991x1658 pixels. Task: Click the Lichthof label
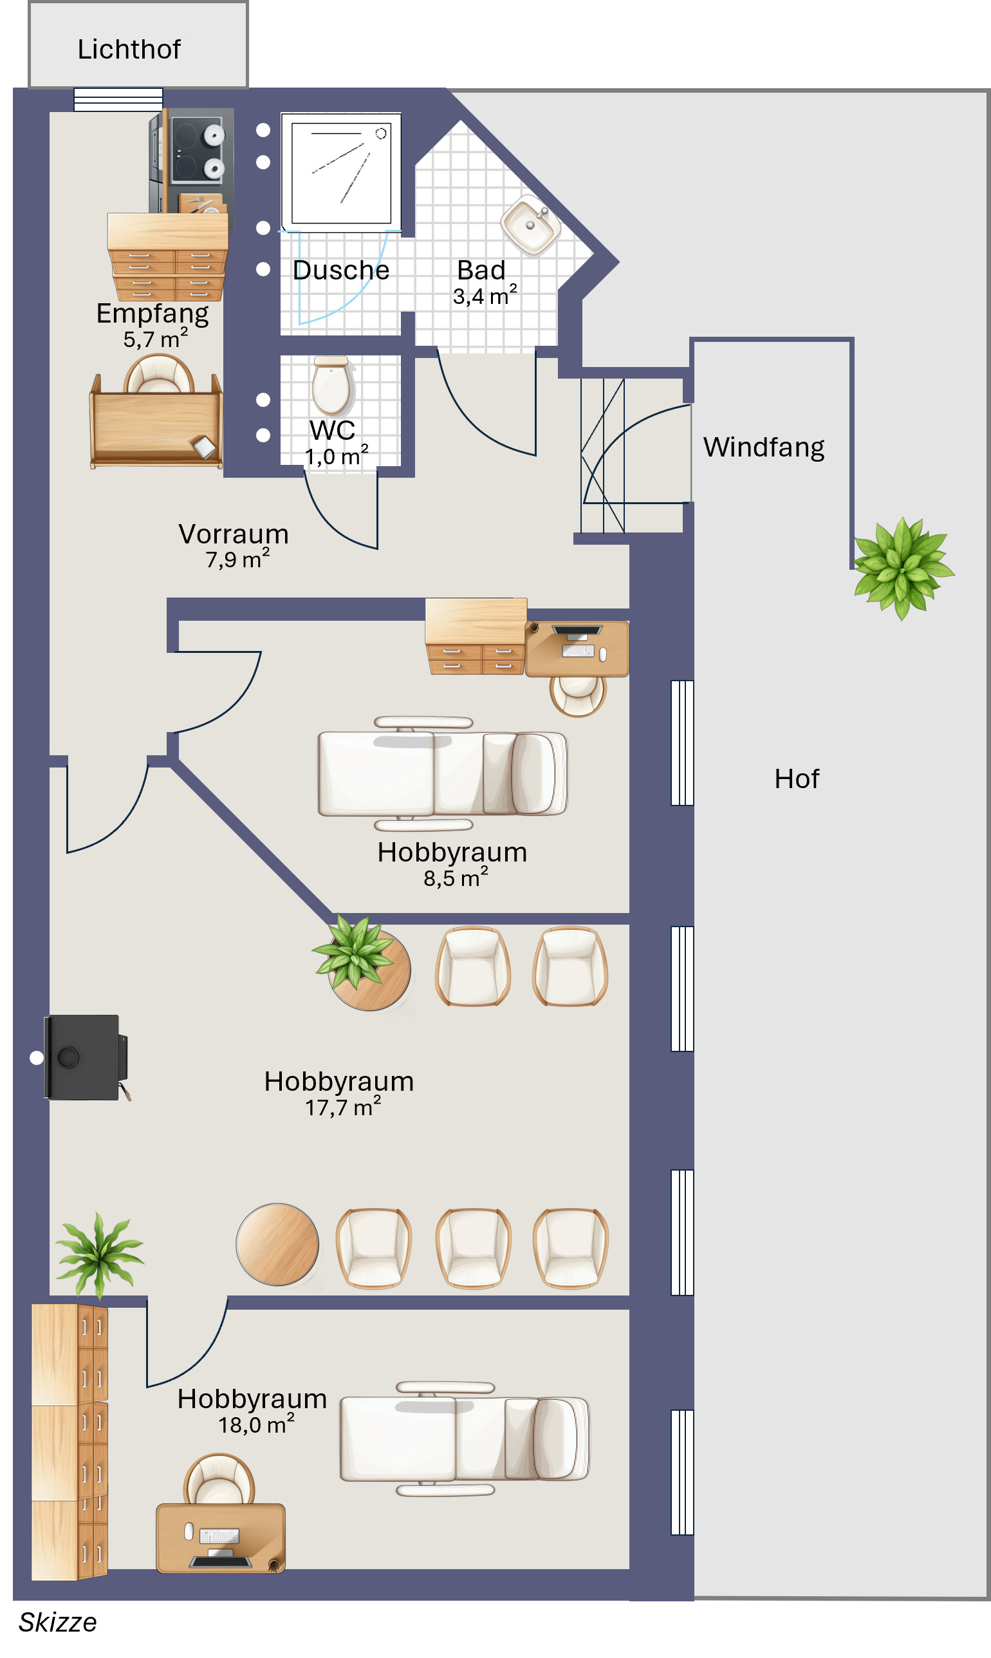(x=129, y=50)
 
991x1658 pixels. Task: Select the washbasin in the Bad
(x=531, y=225)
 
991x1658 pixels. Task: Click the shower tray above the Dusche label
(x=341, y=173)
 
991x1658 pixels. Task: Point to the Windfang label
(x=764, y=447)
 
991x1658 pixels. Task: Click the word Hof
(x=797, y=778)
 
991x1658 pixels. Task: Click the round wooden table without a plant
(x=277, y=1245)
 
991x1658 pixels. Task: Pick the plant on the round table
(x=354, y=951)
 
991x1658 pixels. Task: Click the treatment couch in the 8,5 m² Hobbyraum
(x=442, y=773)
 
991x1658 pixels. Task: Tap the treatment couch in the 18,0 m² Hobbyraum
(x=465, y=1439)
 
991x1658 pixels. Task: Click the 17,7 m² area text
(x=343, y=1107)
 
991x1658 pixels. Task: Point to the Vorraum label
(x=234, y=534)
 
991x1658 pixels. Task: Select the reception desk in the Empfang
(x=156, y=421)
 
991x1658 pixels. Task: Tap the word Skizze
(x=57, y=1623)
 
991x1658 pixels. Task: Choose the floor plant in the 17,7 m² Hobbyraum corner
(x=100, y=1256)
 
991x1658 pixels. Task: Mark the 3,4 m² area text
(x=485, y=296)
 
